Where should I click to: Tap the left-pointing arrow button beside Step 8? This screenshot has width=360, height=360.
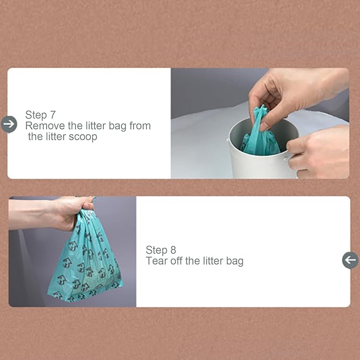click(x=350, y=260)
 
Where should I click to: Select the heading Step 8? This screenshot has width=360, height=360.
click(x=161, y=250)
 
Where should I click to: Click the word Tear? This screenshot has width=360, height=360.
click(x=156, y=261)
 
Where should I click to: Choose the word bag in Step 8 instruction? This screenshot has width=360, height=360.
click(x=234, y=261)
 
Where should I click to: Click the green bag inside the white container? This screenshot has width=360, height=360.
click(x=260, y=139)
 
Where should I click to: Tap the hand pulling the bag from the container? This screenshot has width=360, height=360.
click(x=286, y=93)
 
